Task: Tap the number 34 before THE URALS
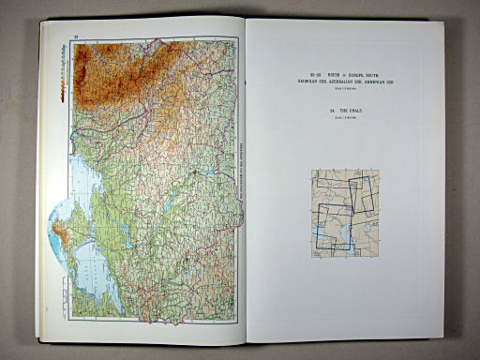(333, 110)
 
